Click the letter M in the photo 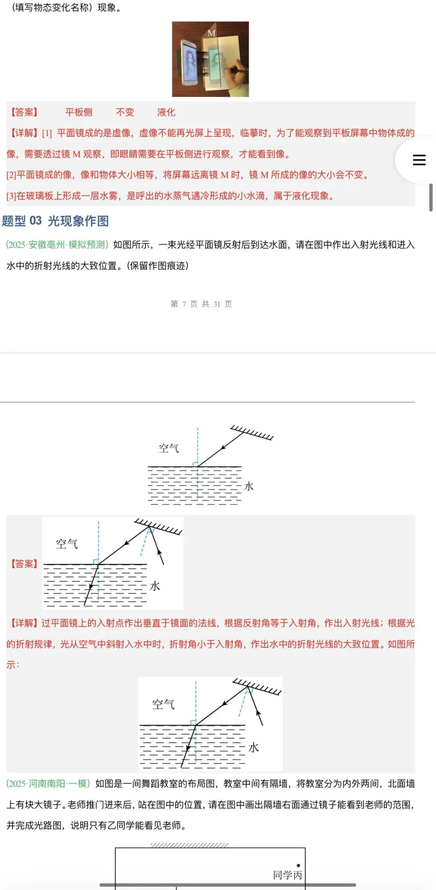212,33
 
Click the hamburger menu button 419,160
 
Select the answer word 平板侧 79,112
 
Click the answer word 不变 125,112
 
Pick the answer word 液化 166,112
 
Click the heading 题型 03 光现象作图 55,221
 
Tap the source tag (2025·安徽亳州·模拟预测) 57,245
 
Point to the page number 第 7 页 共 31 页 201,304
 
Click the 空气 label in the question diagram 169,448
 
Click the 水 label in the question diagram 249,486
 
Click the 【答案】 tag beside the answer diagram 24,564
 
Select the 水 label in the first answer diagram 155,586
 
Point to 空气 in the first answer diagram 67,544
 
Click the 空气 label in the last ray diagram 163,705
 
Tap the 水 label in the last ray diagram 253,747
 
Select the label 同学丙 287,875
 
